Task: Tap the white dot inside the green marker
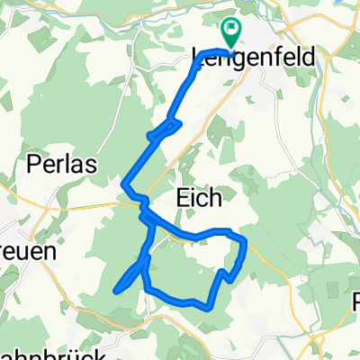coord(230,31)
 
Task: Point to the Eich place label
coord(196,197)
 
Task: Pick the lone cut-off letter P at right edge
coord(356,301)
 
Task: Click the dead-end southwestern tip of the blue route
coord(115,290)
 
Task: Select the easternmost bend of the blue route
coord(246,243)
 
